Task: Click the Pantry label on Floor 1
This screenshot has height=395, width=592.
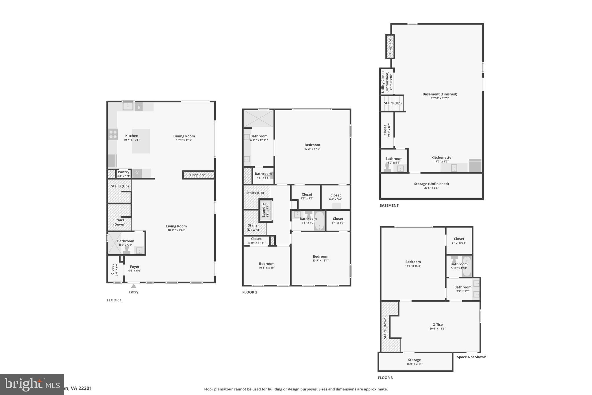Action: (x=123, y=172)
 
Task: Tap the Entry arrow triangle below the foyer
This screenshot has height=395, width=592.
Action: (x=134, y=286)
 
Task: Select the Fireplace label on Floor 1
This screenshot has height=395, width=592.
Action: (x=197, y=175)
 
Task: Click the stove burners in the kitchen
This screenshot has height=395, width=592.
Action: (x=113, y=135)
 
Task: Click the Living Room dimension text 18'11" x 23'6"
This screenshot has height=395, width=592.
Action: (x=176, y=230)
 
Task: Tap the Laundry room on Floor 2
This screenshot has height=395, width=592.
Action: (x=265, y=210)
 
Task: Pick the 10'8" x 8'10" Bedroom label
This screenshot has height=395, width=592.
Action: (x=267, y=264)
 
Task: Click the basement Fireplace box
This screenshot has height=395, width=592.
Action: (x=390, y=47)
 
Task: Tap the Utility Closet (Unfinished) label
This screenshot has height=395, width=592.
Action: (x=385, y=82)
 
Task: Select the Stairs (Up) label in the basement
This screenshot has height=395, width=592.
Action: (x=393, y=103)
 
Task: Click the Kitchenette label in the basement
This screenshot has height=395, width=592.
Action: (x=441, y=158)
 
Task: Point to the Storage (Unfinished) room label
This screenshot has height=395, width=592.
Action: (x=431, y=184)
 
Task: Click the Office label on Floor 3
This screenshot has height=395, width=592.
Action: (x=437, y=325)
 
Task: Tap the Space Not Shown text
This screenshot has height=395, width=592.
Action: (x=471, y=357)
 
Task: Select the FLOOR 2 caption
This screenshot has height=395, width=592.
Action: (x=250, y=292)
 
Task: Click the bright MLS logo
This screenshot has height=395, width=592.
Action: (x=32, y=384)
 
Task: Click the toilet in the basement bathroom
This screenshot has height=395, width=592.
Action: (x=387, y=168)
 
